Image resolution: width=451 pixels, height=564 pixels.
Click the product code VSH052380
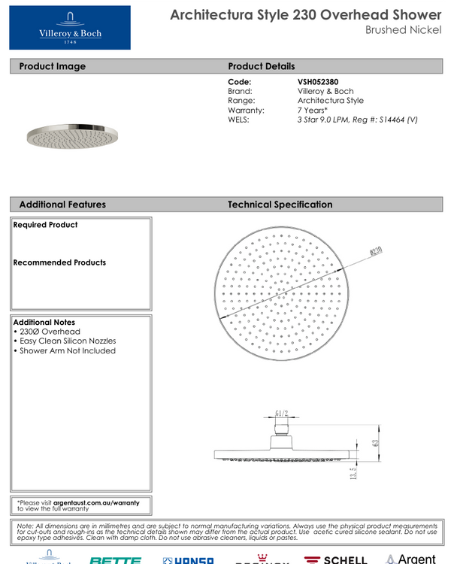pyautogui.click(x=319, y=81)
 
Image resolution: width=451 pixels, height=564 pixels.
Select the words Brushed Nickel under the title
pyautogui.click(x=403, y=30)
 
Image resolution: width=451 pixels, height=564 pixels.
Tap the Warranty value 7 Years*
pyautogui.click(x=312, y=110)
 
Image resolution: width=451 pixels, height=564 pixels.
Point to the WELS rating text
pyautogui.click(x=357, y=120)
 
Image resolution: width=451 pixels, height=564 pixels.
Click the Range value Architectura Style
pyautogui.click(x=330, y=100)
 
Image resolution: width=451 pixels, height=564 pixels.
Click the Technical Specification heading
pyautogui.click(x=280, y=205)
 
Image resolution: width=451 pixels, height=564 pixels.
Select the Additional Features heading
pyautogui.click(x=62, y=205)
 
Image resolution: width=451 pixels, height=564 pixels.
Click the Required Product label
pyautogui.click(x=45, y=225)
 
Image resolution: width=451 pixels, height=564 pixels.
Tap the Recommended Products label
pyautogui.click(x=59, y=262)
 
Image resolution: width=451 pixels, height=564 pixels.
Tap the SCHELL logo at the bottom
pyautogui.click(x=335, y=559)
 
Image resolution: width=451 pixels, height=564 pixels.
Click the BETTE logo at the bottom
pyautogui.click(x=115, y=559)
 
